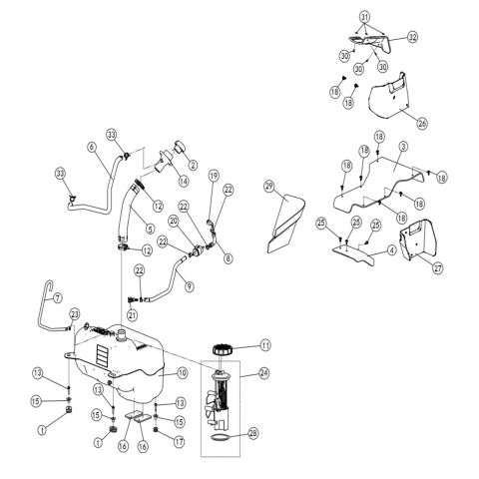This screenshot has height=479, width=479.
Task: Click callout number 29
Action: (x=269, y=187)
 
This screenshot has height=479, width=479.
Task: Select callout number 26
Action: (x=423, y=124)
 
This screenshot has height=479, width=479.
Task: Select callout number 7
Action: (x=57, y=297)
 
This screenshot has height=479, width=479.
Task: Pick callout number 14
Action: (x=183, y=181)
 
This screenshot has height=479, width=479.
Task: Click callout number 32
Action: (x=413, y=36)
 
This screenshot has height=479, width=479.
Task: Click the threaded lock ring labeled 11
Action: (x=225, y=350)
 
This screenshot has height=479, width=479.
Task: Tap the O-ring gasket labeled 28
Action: (x=226, y=435)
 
